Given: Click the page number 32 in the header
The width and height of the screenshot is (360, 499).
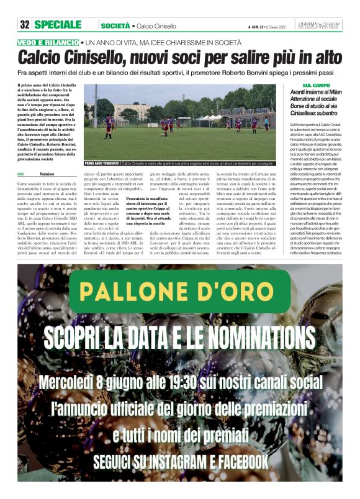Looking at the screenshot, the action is tap(25, 24).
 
